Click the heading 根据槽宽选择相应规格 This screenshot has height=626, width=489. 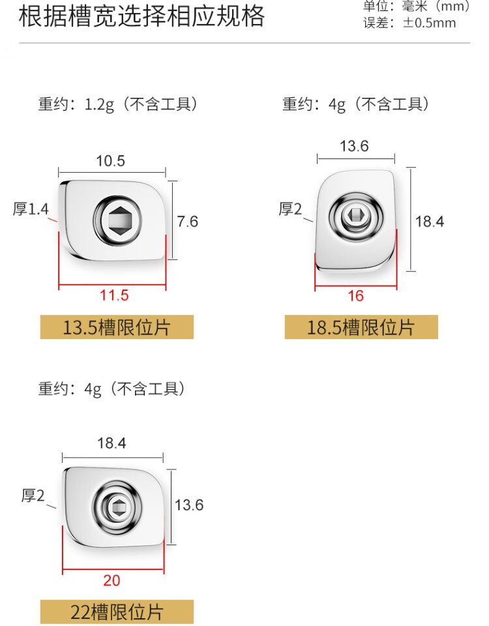[x=141, y=17]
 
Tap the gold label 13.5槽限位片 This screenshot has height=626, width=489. [x=117, y=327]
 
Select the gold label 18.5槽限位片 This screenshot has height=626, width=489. [x=361, y=327]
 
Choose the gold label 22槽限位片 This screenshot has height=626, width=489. [x=117, y=612]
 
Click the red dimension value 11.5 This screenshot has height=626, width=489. [x=114, y=295]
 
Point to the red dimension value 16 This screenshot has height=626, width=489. [x=355, y=295]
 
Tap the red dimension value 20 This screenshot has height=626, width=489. [x=111, y=580]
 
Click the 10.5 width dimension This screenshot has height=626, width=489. [x=110, y=161]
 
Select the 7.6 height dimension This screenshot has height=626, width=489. [x=188, y=222]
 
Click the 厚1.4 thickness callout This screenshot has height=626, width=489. [x=31, y=209]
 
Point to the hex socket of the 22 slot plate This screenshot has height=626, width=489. [x=117, y=504]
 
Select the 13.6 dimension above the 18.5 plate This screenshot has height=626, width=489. [x=354, y=146]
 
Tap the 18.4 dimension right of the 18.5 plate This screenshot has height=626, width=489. [x=430, y=222]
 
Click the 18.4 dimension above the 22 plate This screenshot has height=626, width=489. [x=111, y=444]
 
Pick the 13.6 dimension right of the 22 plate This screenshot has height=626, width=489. [x=189, y=505]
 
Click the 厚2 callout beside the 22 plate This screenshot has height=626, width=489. [x=33, y=496]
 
